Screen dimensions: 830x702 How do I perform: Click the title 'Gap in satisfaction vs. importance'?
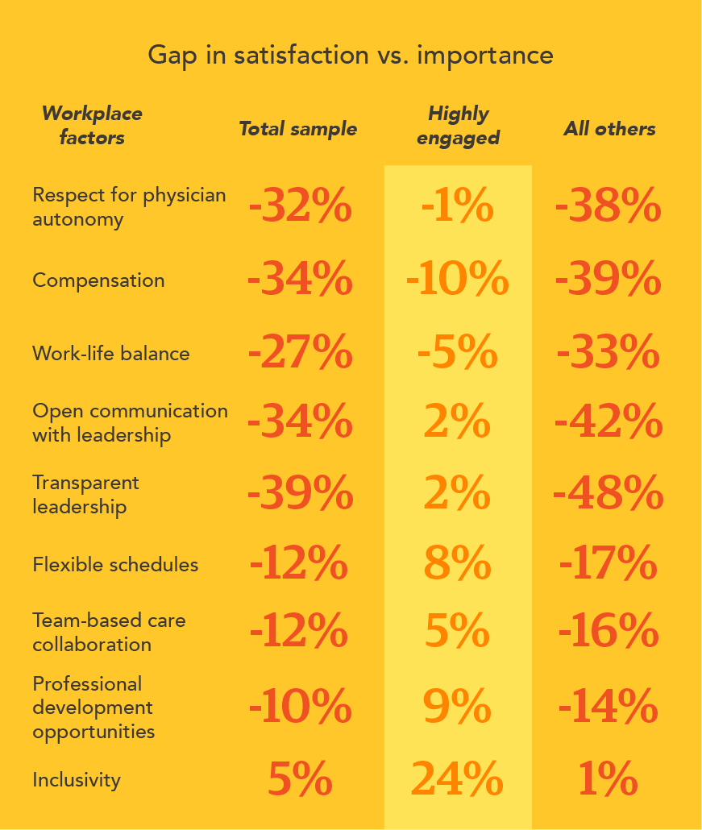351,56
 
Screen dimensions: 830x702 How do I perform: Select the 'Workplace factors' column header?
91,126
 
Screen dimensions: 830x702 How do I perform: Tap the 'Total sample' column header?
297,129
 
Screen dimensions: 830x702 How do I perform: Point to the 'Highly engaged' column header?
458,126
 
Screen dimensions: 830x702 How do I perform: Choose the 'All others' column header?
609,129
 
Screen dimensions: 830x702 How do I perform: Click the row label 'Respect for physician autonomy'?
129,207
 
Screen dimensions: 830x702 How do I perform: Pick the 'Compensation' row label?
98,280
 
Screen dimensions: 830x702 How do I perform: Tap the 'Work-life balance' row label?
111,354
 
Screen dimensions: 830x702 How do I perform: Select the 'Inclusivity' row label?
77,780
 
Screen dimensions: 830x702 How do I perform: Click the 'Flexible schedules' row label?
115,565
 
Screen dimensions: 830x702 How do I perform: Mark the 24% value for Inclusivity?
457,780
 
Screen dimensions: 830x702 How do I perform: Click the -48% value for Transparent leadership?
609,494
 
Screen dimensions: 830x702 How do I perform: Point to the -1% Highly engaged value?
457,208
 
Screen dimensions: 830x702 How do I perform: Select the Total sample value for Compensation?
300,280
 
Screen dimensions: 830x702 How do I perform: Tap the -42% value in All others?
609,422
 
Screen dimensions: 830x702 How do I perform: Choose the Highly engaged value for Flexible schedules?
457,565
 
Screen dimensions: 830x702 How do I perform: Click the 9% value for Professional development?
457,708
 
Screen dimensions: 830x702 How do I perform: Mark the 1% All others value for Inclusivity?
609,780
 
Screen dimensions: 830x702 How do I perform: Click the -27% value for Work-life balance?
300,354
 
